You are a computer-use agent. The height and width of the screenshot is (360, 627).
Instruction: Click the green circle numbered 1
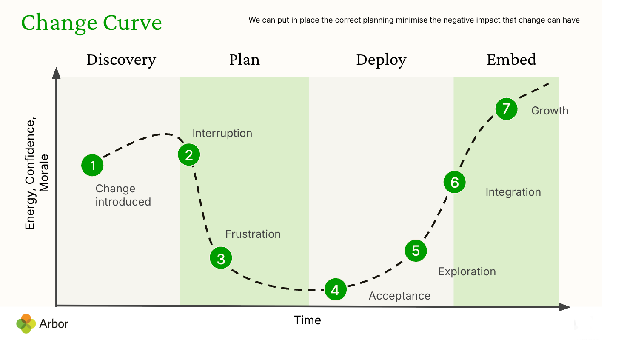92,165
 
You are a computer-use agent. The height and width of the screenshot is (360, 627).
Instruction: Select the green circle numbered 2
189,155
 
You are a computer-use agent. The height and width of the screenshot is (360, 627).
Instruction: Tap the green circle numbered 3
221,258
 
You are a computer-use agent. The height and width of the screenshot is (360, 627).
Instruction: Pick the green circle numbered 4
336,289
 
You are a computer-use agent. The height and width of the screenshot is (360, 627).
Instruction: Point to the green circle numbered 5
416,251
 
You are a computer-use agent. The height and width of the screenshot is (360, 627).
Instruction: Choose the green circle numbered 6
455,182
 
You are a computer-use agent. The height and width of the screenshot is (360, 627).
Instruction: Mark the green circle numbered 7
506,109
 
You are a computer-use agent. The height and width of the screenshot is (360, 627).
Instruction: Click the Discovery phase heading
121,60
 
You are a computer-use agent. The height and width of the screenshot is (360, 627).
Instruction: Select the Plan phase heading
244,60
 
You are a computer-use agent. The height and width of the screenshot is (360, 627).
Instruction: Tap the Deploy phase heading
381,60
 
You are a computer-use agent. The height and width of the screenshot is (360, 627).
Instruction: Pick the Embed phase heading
511,59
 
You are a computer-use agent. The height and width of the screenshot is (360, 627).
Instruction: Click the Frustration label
253,234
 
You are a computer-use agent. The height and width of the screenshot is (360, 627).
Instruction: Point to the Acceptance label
400,296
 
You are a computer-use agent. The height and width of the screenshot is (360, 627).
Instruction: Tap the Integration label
513,192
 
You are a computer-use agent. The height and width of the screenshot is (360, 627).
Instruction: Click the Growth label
550,111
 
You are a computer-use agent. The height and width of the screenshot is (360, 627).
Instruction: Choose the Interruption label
222,134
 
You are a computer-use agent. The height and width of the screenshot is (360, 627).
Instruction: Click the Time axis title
308,320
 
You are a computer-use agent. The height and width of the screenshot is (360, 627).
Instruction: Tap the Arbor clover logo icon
26,323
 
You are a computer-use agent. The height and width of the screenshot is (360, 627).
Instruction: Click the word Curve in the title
132,23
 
